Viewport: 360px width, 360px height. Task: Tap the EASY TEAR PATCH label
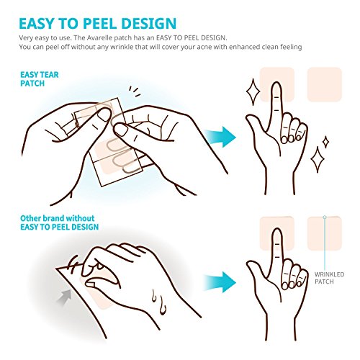point(40,79)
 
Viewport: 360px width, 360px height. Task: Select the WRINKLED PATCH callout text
point(329,278)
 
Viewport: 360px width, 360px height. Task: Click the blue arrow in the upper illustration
point(221,137)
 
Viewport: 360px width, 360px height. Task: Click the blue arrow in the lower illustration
point(220,282)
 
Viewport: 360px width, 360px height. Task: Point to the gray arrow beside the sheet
point(64,297)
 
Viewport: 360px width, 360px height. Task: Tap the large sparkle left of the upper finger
point(253,92)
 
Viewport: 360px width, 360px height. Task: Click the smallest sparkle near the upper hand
point(325,143)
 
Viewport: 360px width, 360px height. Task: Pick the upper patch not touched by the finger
point(324,84)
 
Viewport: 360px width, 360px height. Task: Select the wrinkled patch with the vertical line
point(324,233)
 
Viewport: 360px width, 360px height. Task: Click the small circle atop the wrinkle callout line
point(325,217)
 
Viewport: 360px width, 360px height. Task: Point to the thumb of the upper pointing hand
point(255,123)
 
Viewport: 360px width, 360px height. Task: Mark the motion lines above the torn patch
point(135,91)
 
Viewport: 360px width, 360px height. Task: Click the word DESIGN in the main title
point(149,23)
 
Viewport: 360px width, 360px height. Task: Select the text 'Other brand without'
point(58,218)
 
